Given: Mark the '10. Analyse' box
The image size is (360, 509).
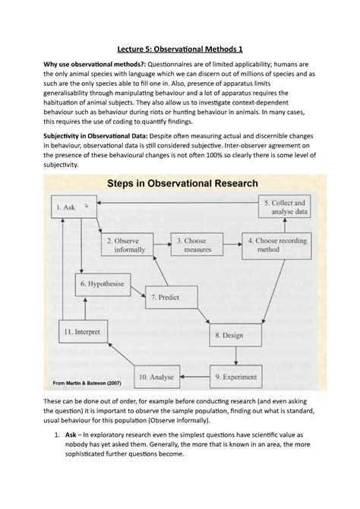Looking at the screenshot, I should (156, 375).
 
